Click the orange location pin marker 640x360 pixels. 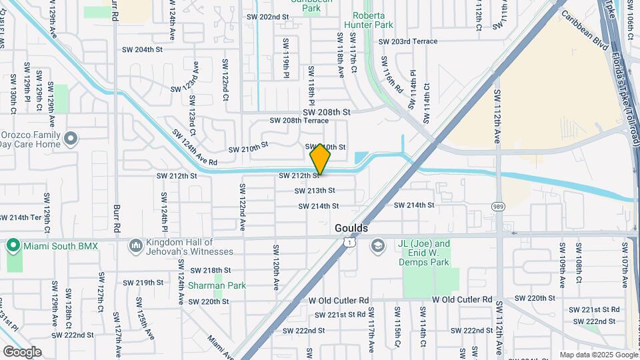coord(320,159)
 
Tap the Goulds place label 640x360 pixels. coord(351,228)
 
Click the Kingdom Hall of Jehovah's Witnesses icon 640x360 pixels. coord(136,246)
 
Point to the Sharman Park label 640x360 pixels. coord(217,285)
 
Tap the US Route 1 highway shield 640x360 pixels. coord(349,244)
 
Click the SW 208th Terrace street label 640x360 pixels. coord(299,121)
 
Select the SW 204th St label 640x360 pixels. coord(143,49)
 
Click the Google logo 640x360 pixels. coord(22,352)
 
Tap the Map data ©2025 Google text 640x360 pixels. coord(597,355)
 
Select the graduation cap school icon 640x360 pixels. coord(378,246)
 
